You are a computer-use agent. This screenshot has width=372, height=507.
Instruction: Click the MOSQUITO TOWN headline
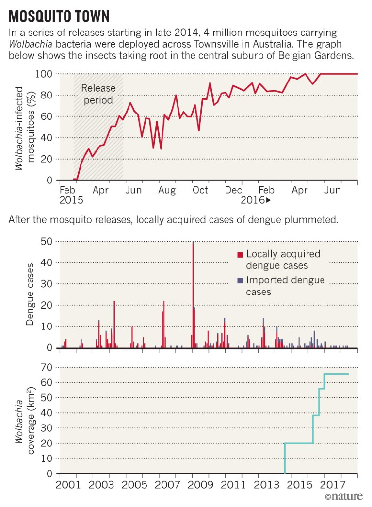[x=59, y=16]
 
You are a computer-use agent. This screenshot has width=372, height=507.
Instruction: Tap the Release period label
[x=98, y=94]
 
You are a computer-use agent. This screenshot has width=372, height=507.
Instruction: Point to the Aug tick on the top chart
[x=167, y=190]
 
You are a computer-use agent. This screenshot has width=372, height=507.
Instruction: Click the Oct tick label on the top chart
[x=200, y=190]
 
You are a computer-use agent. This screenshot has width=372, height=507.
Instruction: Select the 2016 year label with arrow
[x=255, y=200]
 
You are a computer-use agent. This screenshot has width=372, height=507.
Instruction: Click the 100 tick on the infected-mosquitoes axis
[x=44, y=74]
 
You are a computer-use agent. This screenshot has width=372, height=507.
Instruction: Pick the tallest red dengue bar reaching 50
[x=193, y=294]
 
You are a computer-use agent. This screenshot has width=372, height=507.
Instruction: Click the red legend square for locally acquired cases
[x=240, y=255]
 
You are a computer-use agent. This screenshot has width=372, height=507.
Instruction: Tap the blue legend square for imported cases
[x=240, y=281]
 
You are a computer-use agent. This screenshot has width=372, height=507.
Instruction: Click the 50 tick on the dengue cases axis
[x=47, y=241]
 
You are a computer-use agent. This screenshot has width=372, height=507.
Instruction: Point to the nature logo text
[x=343, y=497]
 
